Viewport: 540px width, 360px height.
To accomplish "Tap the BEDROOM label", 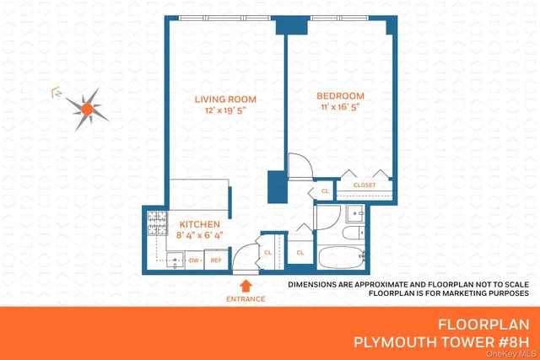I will [341, 95].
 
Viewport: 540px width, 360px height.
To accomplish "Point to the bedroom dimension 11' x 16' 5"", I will [341, 107].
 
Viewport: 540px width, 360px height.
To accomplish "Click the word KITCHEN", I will [200, 224].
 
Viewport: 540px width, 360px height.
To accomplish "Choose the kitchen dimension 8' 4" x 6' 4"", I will [200, 235].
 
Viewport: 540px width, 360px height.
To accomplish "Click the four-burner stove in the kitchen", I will [158, 225].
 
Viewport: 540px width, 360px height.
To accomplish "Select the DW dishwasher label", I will [194, 261].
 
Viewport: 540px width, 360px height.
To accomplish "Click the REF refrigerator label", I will [216, 261].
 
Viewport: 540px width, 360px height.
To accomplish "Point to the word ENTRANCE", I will [246, 299].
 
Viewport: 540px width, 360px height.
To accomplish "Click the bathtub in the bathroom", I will [342, 256].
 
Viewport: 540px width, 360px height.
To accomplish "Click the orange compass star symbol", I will [87, 108].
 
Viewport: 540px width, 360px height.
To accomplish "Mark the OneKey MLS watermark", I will [514, 354].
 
